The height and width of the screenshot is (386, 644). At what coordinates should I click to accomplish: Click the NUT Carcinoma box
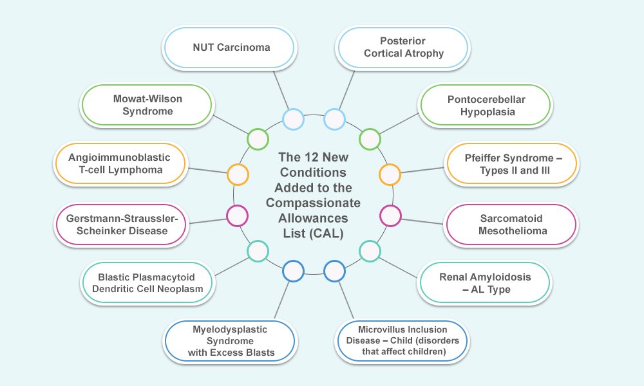230,47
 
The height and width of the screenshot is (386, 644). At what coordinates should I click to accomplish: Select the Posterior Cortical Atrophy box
403,47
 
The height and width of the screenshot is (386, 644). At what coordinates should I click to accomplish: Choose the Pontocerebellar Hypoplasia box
484,106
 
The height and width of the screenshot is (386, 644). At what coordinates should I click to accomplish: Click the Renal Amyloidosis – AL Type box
484,284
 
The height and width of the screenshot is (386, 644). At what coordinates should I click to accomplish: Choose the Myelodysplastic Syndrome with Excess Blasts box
230,341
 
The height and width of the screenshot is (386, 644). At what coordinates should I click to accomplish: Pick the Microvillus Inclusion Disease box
403,341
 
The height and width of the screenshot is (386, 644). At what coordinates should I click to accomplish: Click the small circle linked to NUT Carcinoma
293,119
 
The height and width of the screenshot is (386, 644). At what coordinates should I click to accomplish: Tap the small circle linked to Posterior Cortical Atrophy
335,119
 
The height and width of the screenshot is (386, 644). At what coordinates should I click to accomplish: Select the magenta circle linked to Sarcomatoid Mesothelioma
390,215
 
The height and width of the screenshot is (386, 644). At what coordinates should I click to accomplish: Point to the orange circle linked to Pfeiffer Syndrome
390,174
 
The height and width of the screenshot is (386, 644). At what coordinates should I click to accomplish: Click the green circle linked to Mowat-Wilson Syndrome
258,139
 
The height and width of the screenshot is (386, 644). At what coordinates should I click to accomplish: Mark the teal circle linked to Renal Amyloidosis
370,251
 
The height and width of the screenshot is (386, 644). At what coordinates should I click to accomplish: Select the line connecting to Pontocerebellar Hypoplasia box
399,125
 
